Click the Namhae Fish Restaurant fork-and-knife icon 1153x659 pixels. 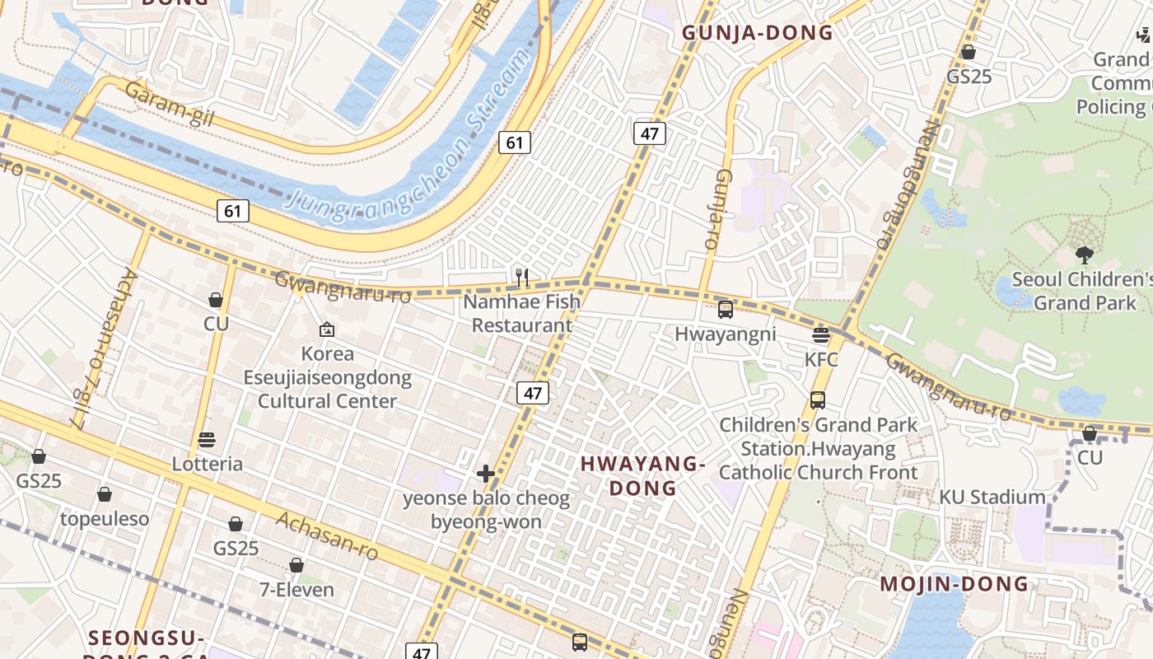[x=520, y=278]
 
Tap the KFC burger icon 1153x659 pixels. [x=820, y=335]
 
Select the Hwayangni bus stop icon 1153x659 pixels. [x=725, y=310]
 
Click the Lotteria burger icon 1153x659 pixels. [x=207, y=440]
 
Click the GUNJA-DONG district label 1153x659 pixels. [x=758, y=33]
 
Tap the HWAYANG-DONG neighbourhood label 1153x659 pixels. [x=642, y=475]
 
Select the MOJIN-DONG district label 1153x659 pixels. [x=955, y=584]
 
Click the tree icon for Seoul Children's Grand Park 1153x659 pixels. [x=1084, y=255]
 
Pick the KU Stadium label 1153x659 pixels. [x=992, y=497]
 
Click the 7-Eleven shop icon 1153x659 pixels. [x=296, y=565]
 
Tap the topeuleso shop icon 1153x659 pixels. [x=105, y=494]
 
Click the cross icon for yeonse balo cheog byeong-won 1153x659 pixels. [x=486, y=474]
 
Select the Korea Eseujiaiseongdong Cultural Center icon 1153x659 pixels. [x=327, y=329]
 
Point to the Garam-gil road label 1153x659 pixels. [x=169, y=105]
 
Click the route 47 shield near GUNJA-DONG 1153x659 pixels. [x=649, y=133]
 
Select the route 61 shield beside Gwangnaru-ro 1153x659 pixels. [x=233, y=212]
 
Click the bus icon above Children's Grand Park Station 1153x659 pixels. [x=817, y=400]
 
